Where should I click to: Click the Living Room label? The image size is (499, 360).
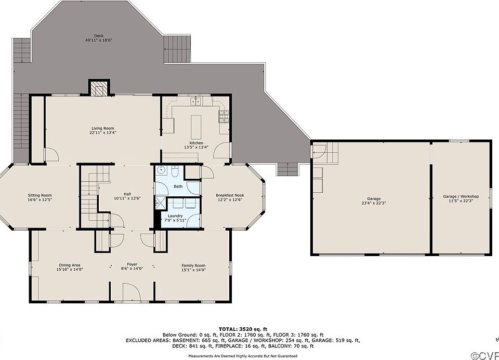(x=103, y=128)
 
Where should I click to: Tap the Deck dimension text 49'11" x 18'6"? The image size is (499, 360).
(x=99, y=41)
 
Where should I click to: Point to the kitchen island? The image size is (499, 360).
(x=196, y=124)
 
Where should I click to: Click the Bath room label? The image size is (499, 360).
(x=178, y=186)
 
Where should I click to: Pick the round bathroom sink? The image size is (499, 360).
(x=161, y=169)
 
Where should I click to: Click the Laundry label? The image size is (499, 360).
(x=175, y=216)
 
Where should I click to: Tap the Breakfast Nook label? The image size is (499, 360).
(x=230, y=195)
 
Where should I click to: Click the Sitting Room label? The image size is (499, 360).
(x=40, y=195)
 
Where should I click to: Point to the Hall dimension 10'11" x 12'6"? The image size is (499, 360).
(x=127, y=198)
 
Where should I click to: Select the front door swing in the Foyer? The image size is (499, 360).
(x=131, y=292)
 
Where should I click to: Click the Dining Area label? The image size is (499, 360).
(x=69, y=265)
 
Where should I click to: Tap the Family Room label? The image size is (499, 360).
(x=193, y=265)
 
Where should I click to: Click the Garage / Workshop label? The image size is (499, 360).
(x=461, y=196)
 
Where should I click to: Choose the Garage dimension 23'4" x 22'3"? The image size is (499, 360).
(x=374, y=203)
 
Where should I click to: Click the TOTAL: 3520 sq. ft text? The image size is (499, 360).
(x=243, y=329)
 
